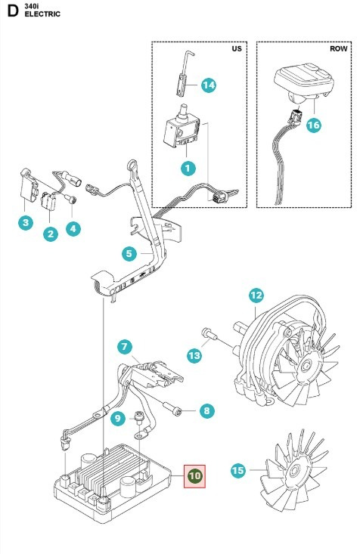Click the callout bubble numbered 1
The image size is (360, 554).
pos(186,165)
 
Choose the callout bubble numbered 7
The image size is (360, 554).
pos(124,347)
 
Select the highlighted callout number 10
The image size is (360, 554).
pos(195,476)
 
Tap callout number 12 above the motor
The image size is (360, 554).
pos(255,296)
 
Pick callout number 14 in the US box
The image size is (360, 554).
pos(208,85)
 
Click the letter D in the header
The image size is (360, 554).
pos(12,10)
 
